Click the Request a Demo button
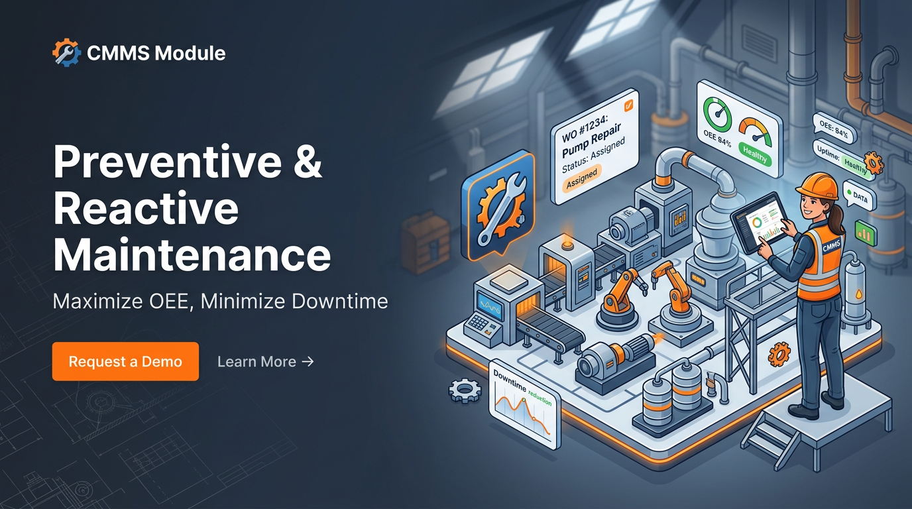pyautogui.click(x=125, y=361)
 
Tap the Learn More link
pyautogui.click(x=265, y=361)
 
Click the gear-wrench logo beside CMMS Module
pyautogui.click(x=66, y=52)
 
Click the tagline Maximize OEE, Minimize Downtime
pyautogui.click(x=220, y=302)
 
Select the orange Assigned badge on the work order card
pyautogui.click(x=581, y=176)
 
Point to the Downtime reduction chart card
pyautogui.click(x=524, y=404)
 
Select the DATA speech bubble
pyautogui.click(x=860, y=198)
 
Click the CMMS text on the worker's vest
pyautogui.click(x=830, y=248)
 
